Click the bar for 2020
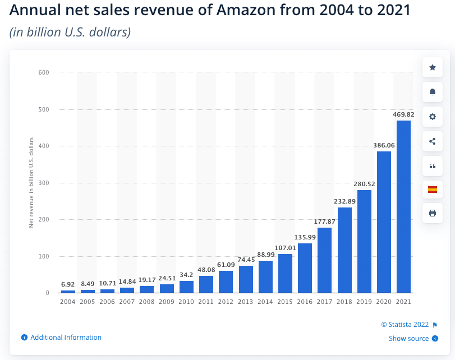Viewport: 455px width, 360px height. coord(384,222)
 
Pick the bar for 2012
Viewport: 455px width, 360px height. coord(226,281)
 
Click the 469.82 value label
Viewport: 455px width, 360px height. coord(403,114)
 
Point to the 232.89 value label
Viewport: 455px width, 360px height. coord(344,201)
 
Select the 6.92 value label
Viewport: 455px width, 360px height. coord(68,284)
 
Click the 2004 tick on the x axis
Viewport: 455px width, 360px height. coord(68,302)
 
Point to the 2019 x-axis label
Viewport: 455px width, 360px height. coord(364,302)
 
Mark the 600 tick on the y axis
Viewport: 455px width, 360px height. coord(44,72)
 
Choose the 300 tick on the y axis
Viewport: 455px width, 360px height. coord(44,183)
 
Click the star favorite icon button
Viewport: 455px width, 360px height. coord(432,67)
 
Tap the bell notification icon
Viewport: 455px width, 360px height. coord(432,92)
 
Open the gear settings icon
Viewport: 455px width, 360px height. coord(432,117)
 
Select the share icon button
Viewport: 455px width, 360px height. coord(432,141)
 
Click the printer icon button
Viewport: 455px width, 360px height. coord(432,213)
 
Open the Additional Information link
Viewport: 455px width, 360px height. coord(66,338)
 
